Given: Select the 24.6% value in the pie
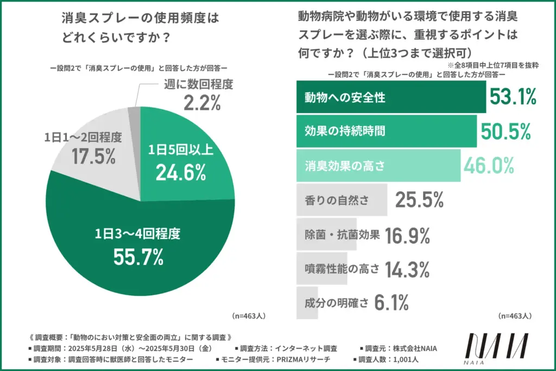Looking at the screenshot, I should (x=180, y=172).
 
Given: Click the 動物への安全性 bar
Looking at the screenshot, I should (x=391, y=97).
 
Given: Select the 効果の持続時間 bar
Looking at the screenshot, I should (x=386, y=131).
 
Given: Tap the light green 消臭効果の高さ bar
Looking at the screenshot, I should (x=378, y=166).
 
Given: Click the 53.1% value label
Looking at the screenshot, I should (x=513, y=97).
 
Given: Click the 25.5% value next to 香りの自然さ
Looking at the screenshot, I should (x=419, y=200).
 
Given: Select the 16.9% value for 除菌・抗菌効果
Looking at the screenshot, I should (x=407, y=235).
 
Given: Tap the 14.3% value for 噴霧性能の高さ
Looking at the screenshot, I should (x=407, y=269).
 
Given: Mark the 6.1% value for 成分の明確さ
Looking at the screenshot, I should (x=391, y=303).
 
